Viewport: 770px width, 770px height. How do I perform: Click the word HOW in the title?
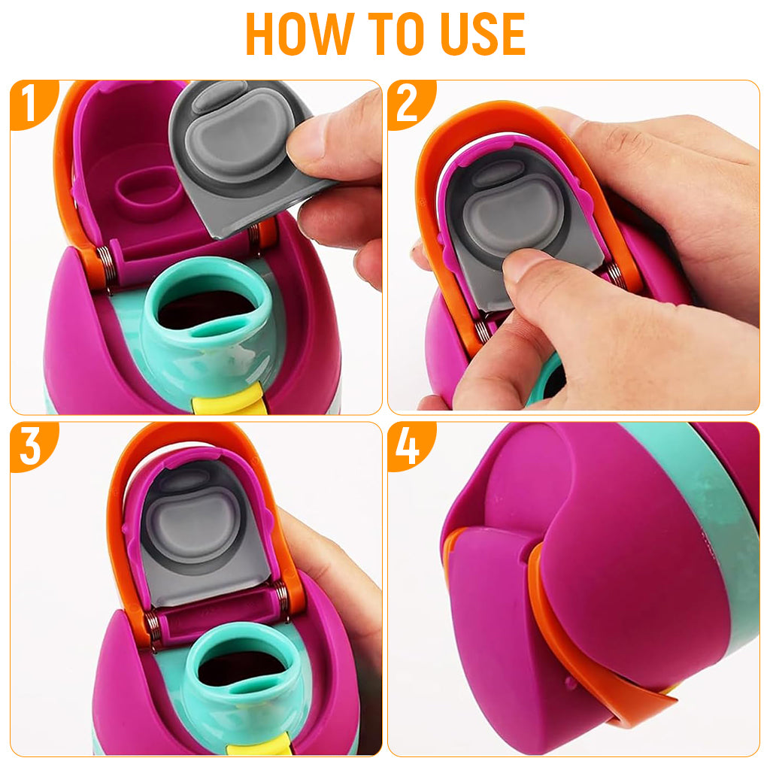pyautogui.click(x=299, y=33)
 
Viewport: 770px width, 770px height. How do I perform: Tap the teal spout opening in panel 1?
pyautogui.click(x=209, y=309)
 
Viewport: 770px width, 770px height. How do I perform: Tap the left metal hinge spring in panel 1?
pyautogui.click(x=104, y=268)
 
